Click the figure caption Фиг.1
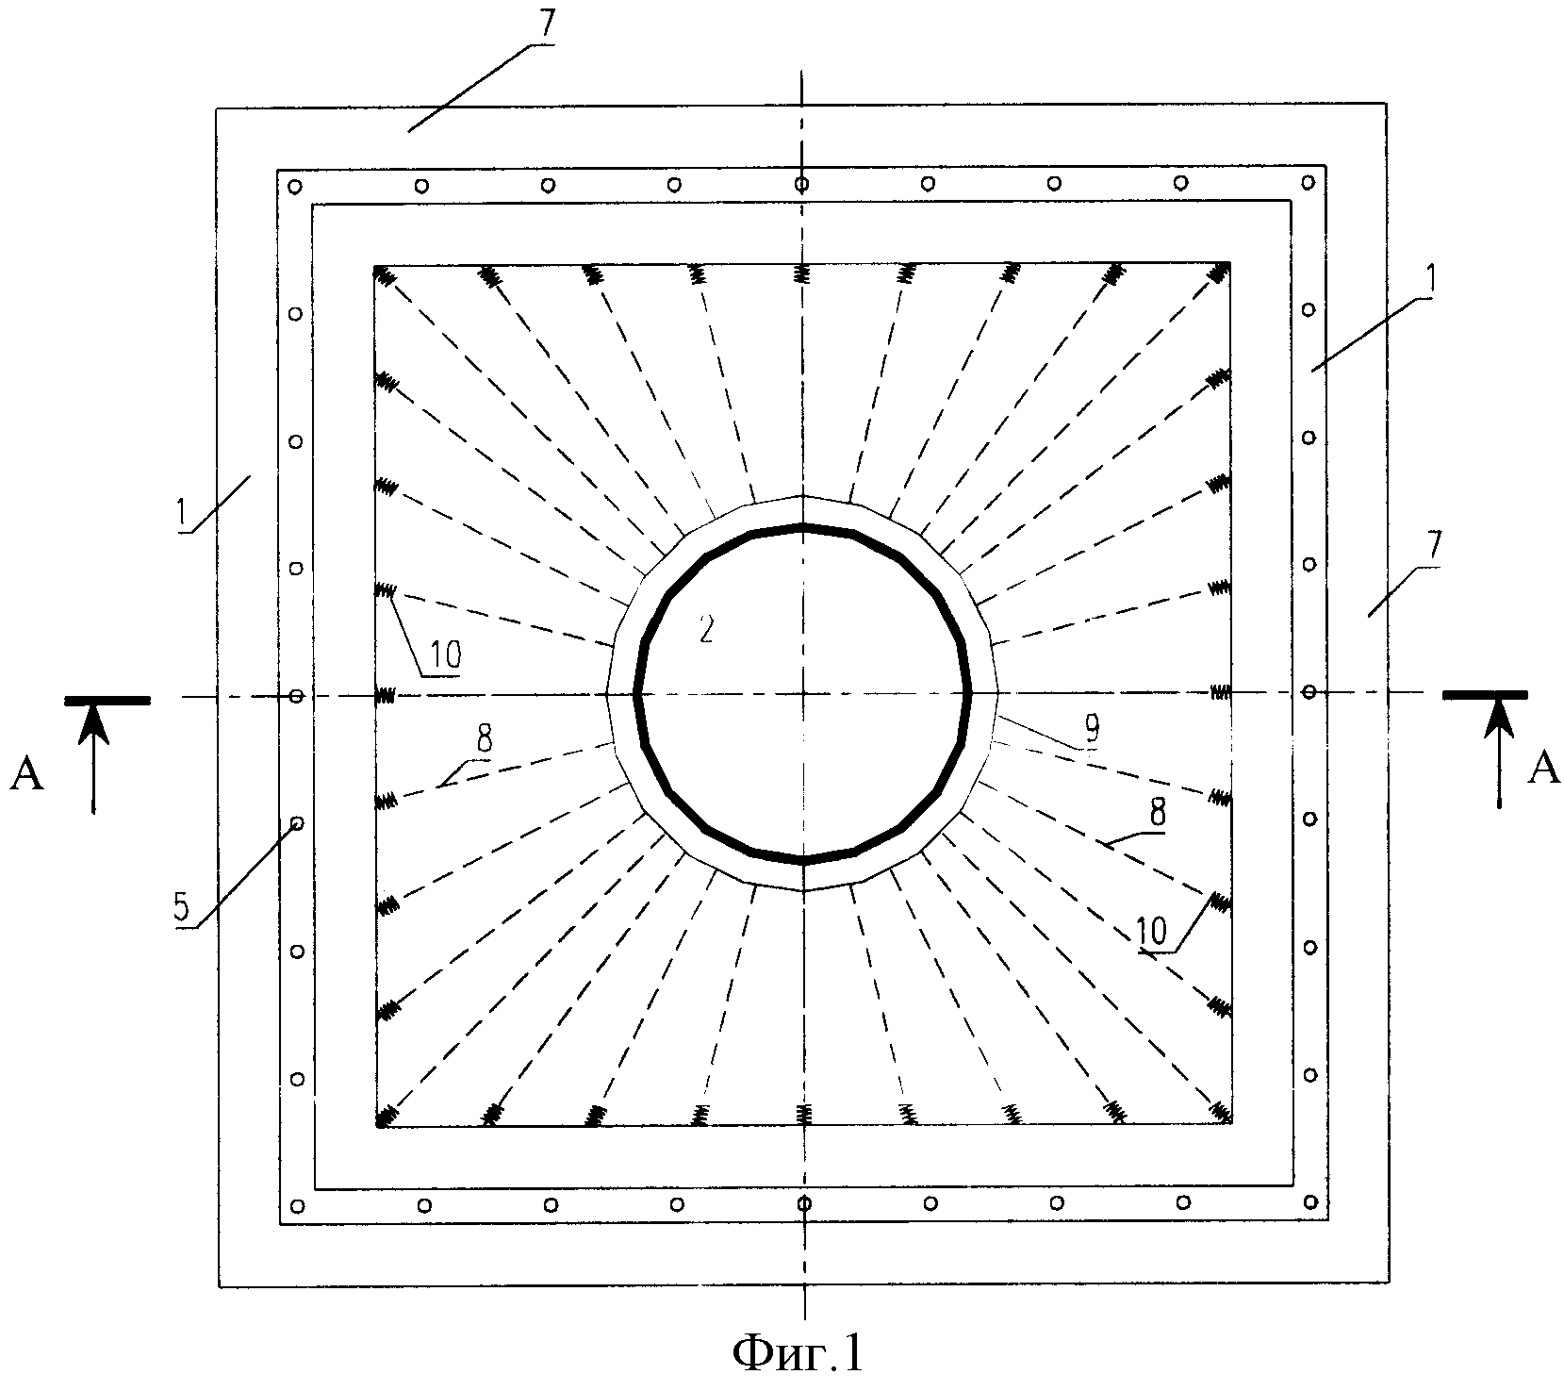click(798, 1353)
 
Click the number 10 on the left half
click(440, 654)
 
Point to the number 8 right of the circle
click(1156, 813)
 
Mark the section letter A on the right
click(1542, 770)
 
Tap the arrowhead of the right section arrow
click(1499, 716)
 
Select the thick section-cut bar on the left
click(107, 700)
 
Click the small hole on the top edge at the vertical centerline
click(801, 183)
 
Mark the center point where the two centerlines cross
click(803, 695)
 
